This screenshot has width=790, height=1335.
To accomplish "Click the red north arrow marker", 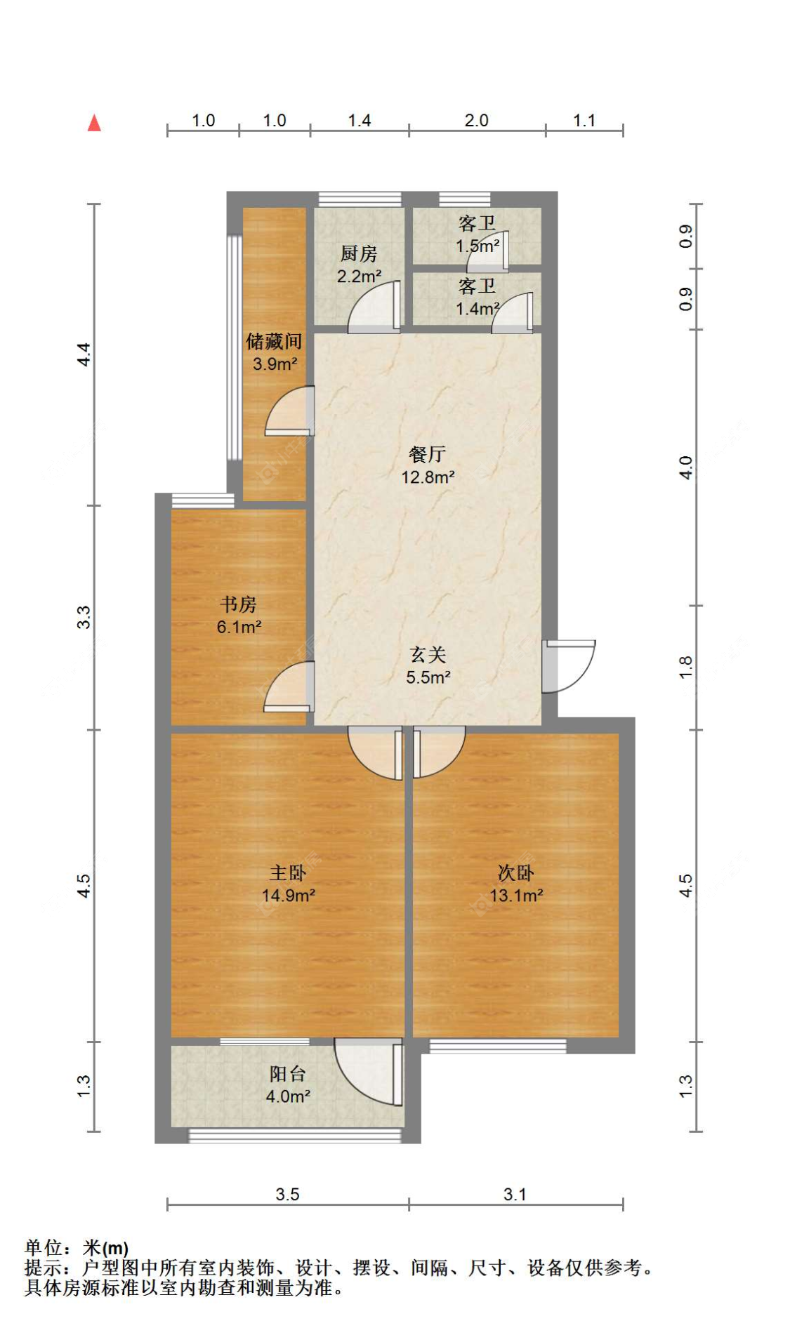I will point(94,124).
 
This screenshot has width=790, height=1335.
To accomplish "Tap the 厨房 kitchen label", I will point(358,253).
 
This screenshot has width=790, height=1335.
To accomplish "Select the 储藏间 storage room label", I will point(274,341).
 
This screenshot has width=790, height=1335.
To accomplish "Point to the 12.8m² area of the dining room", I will point(428,477).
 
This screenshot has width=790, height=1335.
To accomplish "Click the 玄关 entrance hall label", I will point(428,654).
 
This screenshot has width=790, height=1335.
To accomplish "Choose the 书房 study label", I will point(238,604).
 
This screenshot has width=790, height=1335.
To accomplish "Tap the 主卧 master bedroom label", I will point(288,872).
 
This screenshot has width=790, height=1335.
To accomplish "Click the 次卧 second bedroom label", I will point(516,872).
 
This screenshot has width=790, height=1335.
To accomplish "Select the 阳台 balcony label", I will point(288,1073).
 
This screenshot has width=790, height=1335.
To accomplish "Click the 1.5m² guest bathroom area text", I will point(478,246).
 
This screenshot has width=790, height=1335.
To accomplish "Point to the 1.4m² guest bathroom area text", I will point(478,309).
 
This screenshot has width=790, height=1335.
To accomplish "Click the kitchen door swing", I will point(375,309).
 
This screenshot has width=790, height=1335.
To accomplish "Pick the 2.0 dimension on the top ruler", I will point(476,121).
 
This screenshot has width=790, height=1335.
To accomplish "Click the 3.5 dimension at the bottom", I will point(287,1195).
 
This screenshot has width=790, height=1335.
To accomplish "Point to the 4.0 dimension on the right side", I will point(686,467).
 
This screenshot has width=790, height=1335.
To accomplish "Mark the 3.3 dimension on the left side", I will point(84,617).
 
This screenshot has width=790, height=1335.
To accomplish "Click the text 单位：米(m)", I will point(77,1248).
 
